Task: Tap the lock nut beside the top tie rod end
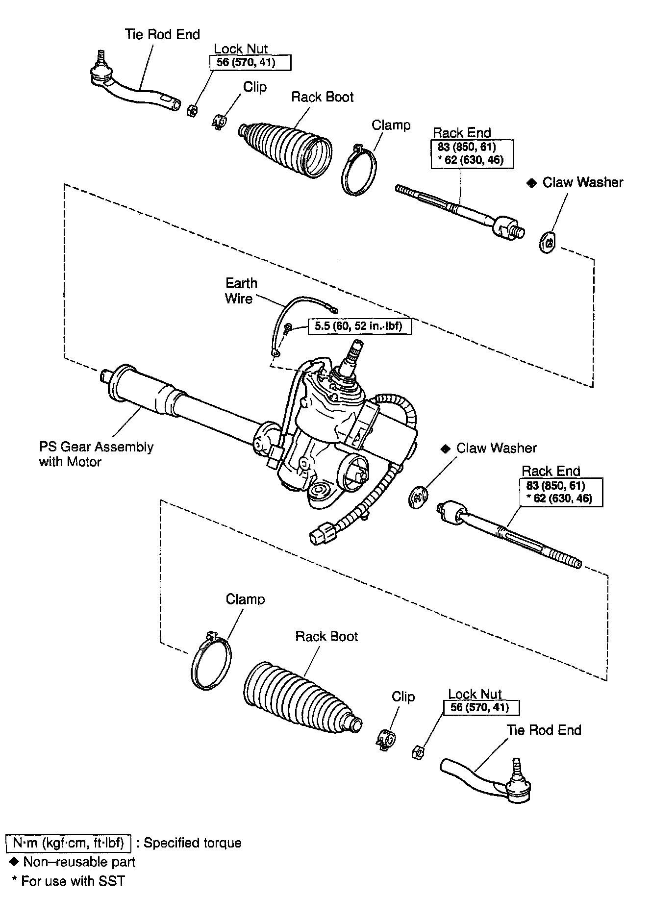pyautogui.click(x=192, y=110)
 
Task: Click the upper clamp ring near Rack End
pyautogui.click(x=359, y=170)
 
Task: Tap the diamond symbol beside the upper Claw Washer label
pyautogui.click(x=531, y=183)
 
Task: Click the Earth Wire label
pyautogui.click(x=241, y=291)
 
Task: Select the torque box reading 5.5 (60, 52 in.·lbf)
pyautogui.click(x=359, y=326)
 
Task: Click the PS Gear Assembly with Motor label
pyautogui.click(x=96, y=454)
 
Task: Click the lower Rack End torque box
pyautogui.click(x=561, y=492)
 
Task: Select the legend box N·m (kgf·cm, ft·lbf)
pyautogui.click(x=68, y=843)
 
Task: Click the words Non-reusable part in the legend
pyautogui.click(x=79, y=861)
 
